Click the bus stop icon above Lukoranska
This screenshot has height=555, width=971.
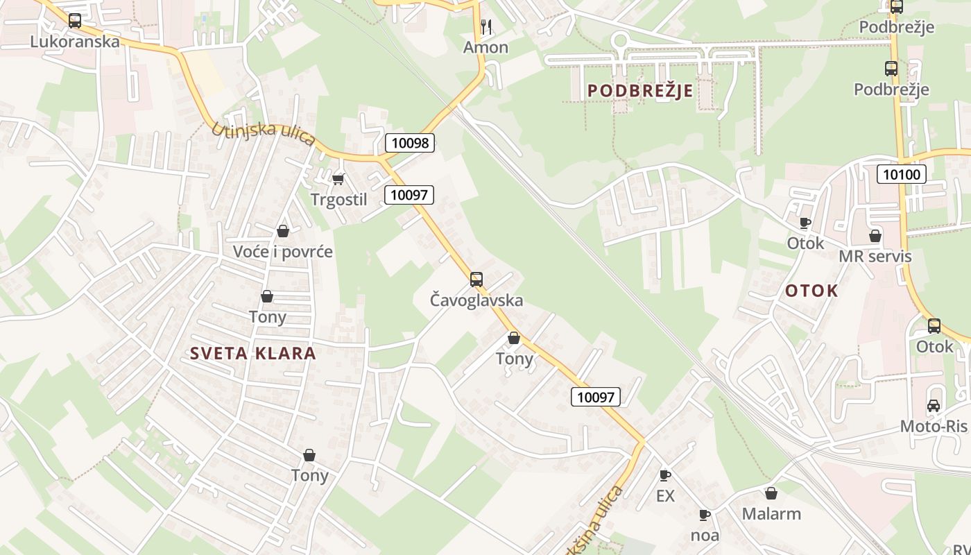75,21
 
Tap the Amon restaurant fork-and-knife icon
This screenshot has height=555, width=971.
486,27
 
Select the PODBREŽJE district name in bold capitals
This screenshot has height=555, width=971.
640,91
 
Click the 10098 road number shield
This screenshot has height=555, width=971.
410,144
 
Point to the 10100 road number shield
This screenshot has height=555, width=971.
902,174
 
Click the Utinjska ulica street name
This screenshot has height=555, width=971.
264,136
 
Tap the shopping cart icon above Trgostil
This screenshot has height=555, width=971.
338,180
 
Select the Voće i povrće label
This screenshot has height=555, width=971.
283,252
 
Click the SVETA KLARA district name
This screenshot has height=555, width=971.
253,353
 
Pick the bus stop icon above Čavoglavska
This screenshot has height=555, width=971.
476,280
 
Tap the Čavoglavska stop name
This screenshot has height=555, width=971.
476,300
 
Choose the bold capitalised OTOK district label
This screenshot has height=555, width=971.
811,291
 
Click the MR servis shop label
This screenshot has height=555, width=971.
875,257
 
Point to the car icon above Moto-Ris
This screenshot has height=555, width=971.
934,406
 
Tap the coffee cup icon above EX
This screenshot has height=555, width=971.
665,476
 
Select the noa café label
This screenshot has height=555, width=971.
705,536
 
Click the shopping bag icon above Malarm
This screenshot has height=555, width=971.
771,493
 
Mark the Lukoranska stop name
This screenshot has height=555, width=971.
75,42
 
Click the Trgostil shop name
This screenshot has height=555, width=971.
338,200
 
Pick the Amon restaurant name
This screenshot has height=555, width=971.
486,47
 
